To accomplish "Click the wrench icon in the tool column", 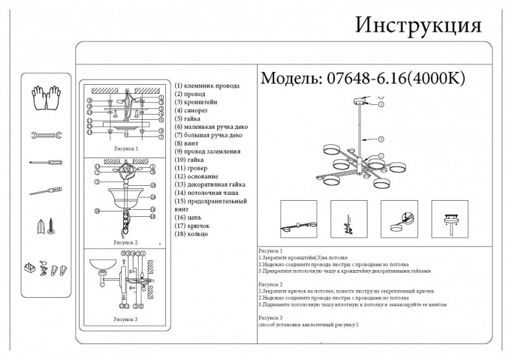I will click(x=45, y=135).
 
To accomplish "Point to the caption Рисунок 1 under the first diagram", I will click(x=126, y=148).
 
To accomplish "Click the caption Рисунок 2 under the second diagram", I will click(x=126, y=242).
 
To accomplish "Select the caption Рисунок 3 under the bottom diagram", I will click(x=126, y=319).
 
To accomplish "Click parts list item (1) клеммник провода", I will click(x=207, y=85).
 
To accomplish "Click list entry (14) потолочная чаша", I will click(x=206, y=192).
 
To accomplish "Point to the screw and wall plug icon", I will click(x=45, y=227).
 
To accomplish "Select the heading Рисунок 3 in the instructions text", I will click(x=271, y=318).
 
